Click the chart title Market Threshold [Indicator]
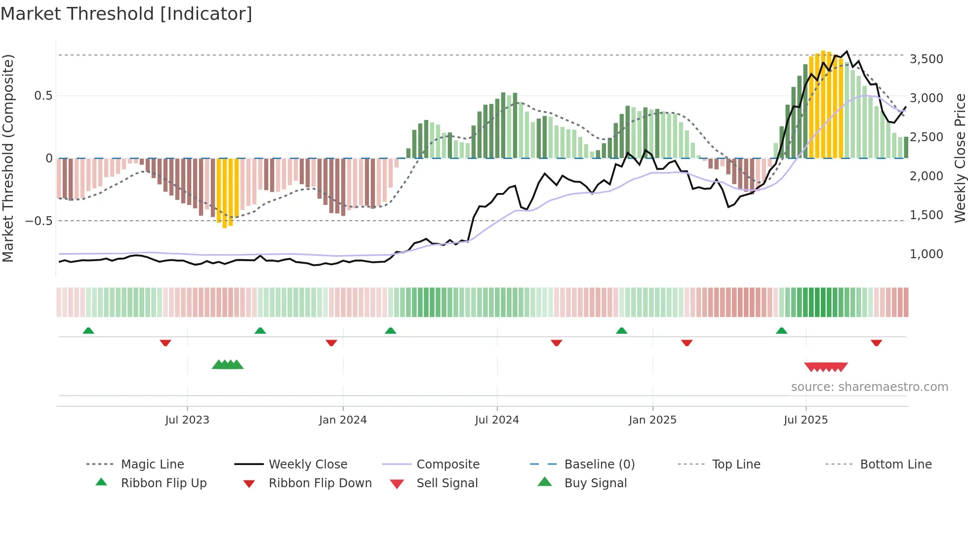pos(126,14)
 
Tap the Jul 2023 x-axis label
pos(187,420)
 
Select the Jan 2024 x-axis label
pos(343,420)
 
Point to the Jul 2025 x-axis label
pos(806,420)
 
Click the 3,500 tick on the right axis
pos(926,59)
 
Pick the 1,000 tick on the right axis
pos(926,254)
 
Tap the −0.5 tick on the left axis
pos(39,221)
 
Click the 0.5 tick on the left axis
pos(43,96)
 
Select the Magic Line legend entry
pos(152,465)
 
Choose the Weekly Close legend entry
pos(308,465)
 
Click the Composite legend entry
pos(447,465)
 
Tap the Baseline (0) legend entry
pos(599,465)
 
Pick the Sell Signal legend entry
pos(447,483)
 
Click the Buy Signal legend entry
pos(595,483)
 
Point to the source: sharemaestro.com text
pos(869,387)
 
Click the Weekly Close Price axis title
pos(960,158)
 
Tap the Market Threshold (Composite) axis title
pos(8,158)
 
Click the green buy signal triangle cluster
pos(228,365)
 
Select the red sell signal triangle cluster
pos(826,367)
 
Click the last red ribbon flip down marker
pos(876,343)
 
